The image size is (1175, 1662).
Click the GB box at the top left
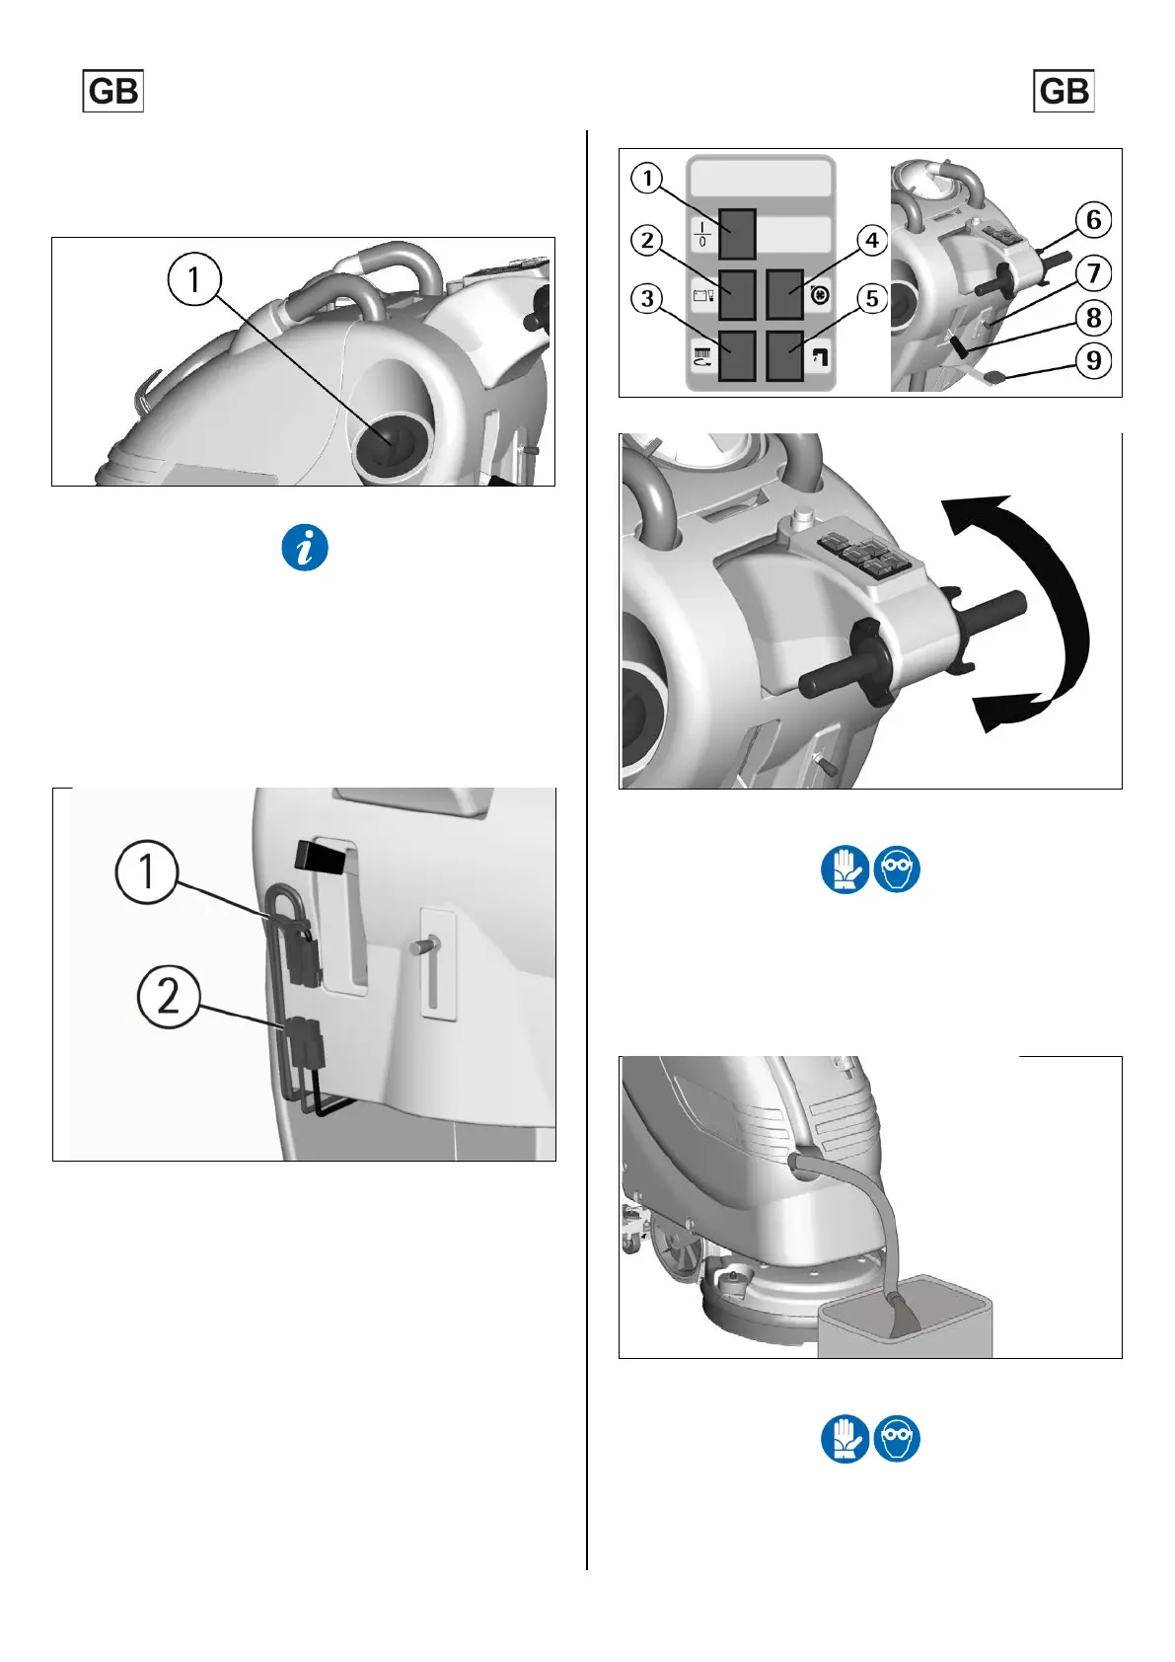[x=112, y=91]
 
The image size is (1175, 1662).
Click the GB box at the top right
[x=1064, y=91]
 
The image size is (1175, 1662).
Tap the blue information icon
[x=305, y=548]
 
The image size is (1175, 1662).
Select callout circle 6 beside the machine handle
[x=1093, y=220]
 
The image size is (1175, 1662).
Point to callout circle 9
[x=1093, y=360]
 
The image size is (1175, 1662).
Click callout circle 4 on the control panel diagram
[x=872, y=240]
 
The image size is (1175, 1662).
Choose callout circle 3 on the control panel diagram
[x=647, y=299]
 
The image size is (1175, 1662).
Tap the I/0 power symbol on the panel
[x=701, y=234]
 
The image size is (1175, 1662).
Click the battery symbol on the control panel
[x=702, y=295]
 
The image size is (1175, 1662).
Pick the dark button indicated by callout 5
[x=784, y=356]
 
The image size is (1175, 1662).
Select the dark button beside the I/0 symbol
[x=737, y=234]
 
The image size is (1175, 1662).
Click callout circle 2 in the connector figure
[x=169, y=996]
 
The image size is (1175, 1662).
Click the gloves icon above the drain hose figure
[x=845, y=869]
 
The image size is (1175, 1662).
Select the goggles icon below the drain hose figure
[x=897, y=1439]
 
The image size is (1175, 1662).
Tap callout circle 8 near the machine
[x=1093, y=318]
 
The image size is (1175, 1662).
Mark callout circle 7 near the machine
[x=1093, y=273]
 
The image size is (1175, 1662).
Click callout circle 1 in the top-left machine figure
[x=194, y=279]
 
